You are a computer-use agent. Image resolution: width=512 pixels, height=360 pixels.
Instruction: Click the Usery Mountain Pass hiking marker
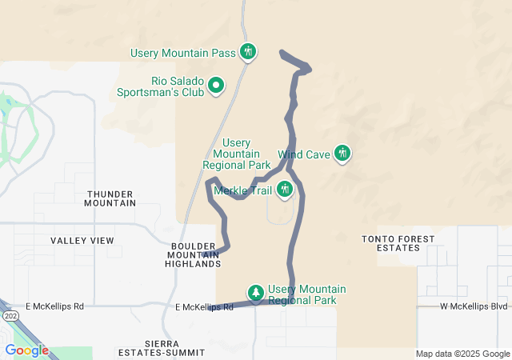[x=248, y=53]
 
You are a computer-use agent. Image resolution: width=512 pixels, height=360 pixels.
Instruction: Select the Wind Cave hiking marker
[x=342, y=153]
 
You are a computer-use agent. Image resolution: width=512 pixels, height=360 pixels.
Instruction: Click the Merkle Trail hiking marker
[x=285, y=190]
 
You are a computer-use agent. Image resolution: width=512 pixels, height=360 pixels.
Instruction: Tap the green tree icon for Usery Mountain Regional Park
[x=256, y=294]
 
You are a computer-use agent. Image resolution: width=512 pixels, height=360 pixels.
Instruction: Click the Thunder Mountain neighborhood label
[x=110, y=198]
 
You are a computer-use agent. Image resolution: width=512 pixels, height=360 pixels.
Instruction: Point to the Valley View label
[x=82, y=240]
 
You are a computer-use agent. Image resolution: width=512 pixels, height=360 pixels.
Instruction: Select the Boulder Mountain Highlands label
[x=193, y=254]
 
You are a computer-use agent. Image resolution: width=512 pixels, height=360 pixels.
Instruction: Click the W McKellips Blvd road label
[x=474, y=306]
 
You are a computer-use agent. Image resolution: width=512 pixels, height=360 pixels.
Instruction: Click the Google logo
[x=26, y=350]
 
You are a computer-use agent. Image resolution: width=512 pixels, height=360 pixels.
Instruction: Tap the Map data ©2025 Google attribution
[x=462, y=354]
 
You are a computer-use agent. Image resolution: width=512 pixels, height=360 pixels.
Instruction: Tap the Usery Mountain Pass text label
[x=183, y=54]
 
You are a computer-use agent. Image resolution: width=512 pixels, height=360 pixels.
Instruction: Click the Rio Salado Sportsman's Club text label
[x=176, y=86]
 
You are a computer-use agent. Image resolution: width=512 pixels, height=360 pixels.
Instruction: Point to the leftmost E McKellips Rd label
[x=54, y=306]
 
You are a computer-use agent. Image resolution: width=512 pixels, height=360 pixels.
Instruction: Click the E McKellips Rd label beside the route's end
[x=204, y=307]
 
